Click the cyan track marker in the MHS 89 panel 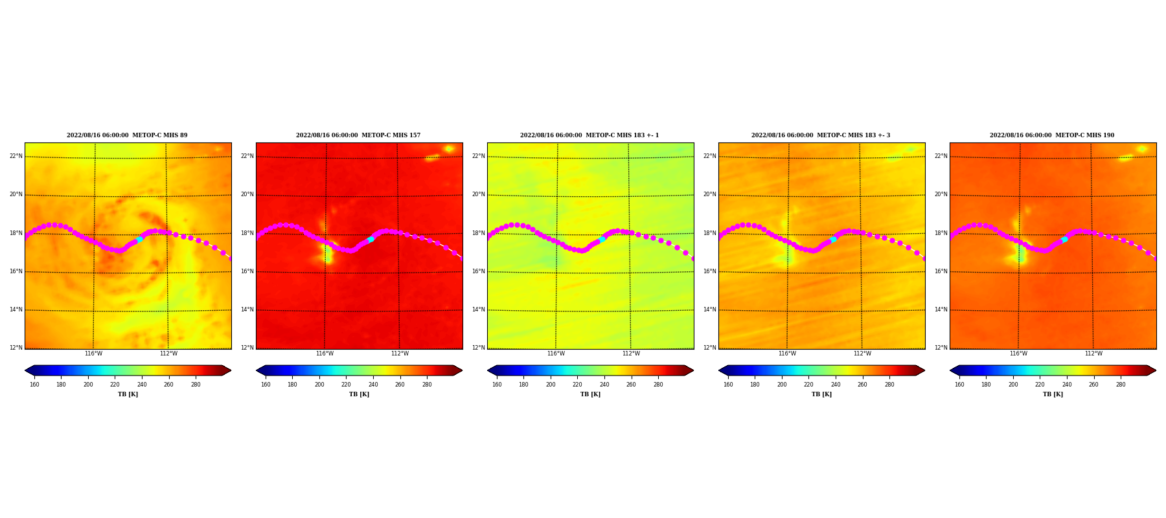(x=139, y=240)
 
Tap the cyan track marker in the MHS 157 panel (x=371, y=240)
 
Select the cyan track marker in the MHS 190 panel (x=1064, y=240)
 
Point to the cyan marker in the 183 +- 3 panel (x=833, y=240)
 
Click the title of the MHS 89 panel (x=127, y=135)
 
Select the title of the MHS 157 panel (x=358, y=135)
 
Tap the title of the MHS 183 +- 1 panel (x=589, y=135)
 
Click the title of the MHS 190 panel (x=1052, y=135)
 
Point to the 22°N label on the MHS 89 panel (x=16, y=156)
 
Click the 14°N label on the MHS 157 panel (x=247, y=310)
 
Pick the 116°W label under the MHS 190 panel (x=1018, y=354)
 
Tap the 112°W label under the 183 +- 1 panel (x=631, y=354)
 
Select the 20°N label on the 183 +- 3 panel (x=709, y=194)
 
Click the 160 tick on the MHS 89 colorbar (x=34, y=385)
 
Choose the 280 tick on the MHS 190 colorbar (x=1121, y=385)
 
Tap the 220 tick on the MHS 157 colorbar (x=346, y=385)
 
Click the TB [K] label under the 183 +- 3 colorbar (x=821, y=394)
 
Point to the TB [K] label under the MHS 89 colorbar (x=128, y=394)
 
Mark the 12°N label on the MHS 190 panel (x=941, y=348)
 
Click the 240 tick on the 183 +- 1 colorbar (x=604, y=385)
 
